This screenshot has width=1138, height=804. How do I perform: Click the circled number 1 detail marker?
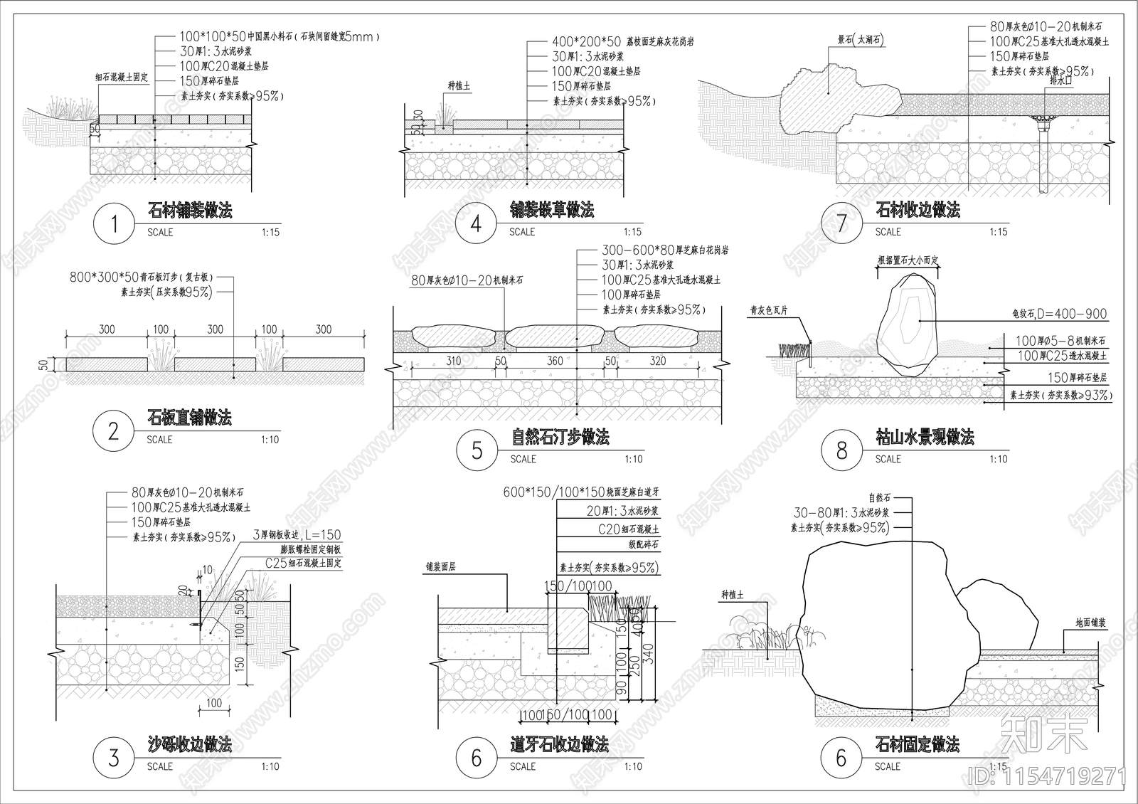pyautogui.click(x=114, y=224)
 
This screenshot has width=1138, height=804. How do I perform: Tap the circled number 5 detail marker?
pyautogui.click(x=477, y=450)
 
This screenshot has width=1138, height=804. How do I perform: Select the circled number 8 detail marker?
pyautogui.click(x=841, y=450)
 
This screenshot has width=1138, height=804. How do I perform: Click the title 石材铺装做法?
pyautogui.click(x=190, y=210)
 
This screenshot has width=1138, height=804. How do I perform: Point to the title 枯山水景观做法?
pyautogui.click(x=925, y=437)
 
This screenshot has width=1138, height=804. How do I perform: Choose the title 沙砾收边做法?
pyautogui.click(x=189, y=745)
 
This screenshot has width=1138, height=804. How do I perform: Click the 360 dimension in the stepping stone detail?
pyautogui.click(x=555, y=361)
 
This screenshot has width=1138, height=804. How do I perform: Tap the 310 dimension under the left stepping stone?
pyautogui.click(x=453, y=361)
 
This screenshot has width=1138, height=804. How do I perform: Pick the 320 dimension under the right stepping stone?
pyautogui.click(x=657, y=361)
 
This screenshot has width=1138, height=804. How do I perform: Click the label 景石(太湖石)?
pyautogui.click(x=859, y=41)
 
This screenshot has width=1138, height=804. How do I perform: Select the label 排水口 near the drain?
pyautogui.click(x=1059, y=81)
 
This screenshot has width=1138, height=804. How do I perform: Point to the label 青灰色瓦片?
pyautogui.click(x=769, y=311)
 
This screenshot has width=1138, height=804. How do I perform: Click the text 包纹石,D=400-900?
pyautogui.click(x=1059, y=314)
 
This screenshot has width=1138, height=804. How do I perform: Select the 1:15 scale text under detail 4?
pyautogui.click(x=632, y=232)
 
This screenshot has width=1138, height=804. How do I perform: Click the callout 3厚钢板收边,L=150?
pyautogui.click(x=297, y=535)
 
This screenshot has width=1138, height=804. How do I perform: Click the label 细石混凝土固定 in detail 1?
pyautogui.click(x=122, y=77)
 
